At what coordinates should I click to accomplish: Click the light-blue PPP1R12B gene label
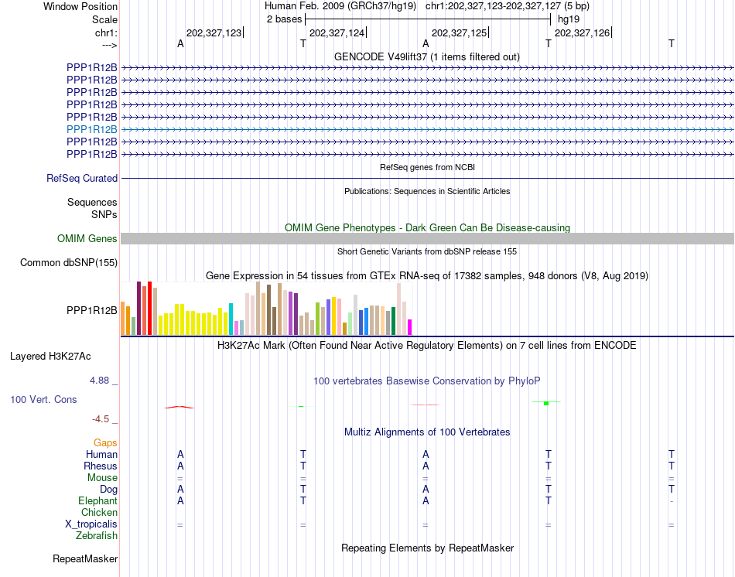(92, 129)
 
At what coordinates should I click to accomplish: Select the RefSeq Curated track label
(82, 178)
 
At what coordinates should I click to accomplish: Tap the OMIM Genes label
(87, 238)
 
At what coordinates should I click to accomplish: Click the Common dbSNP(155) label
(69, 262)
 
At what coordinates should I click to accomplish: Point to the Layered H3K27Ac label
(50, 357)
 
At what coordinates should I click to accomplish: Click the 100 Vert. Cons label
(43, 399)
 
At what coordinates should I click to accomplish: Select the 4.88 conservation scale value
(99, 380)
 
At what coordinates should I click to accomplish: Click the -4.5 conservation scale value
(101, 419)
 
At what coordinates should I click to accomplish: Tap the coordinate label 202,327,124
(337, 32)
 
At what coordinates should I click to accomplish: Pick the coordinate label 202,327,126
(582, 32)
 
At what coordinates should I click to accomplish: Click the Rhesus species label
(101, 466)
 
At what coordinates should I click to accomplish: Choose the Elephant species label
(98, 500)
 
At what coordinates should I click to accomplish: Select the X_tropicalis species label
(91, 524)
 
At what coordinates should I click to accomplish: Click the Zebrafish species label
(97, 535)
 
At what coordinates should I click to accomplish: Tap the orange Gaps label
(105, 442)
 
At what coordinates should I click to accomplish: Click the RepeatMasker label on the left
(85, 558)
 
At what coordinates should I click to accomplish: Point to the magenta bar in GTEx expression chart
(410, 327)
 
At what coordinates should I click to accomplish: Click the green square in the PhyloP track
(546, 403)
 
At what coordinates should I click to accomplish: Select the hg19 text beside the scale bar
(569, 19)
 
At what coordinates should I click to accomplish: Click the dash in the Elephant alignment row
(672, 501)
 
